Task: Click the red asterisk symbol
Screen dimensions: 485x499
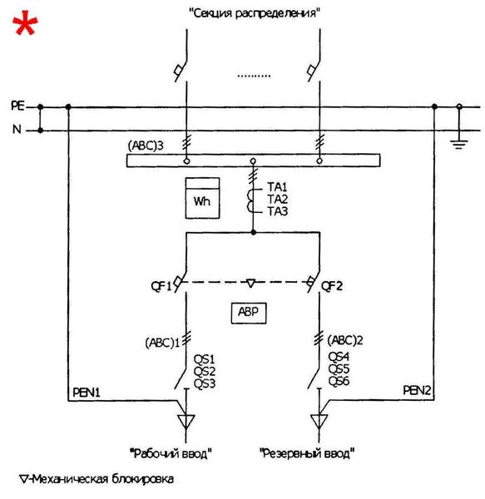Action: pos(25,23)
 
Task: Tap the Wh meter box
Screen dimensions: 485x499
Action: pos(202,198)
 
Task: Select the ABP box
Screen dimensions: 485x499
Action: pos(249,313)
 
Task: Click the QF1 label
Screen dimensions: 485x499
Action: pos(161,286)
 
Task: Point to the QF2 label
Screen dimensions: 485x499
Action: pos(332,286)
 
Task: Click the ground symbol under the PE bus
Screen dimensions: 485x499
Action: pos(459,144)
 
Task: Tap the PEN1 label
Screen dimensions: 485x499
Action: pos(87,393)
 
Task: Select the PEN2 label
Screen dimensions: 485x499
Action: pos(418,390)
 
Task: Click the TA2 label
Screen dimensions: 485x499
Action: pos(278,200)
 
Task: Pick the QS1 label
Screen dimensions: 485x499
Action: pos(205,359)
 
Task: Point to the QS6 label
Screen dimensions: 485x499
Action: pos(339,381)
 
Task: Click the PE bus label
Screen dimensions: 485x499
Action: pos(17,106)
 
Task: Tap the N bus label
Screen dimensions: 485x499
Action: pos(17,129)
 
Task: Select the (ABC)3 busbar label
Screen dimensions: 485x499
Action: pos(146,146)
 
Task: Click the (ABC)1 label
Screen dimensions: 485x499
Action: pos(162,343)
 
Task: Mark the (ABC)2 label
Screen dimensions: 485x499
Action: pos(345,340)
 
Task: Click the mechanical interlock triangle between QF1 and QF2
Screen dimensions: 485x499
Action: pos(251,283)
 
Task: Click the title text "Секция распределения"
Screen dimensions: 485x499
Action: pos(255,13)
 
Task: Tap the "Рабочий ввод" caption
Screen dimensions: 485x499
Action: pos(171,453)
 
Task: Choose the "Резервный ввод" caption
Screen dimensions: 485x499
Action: pos(307,453)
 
